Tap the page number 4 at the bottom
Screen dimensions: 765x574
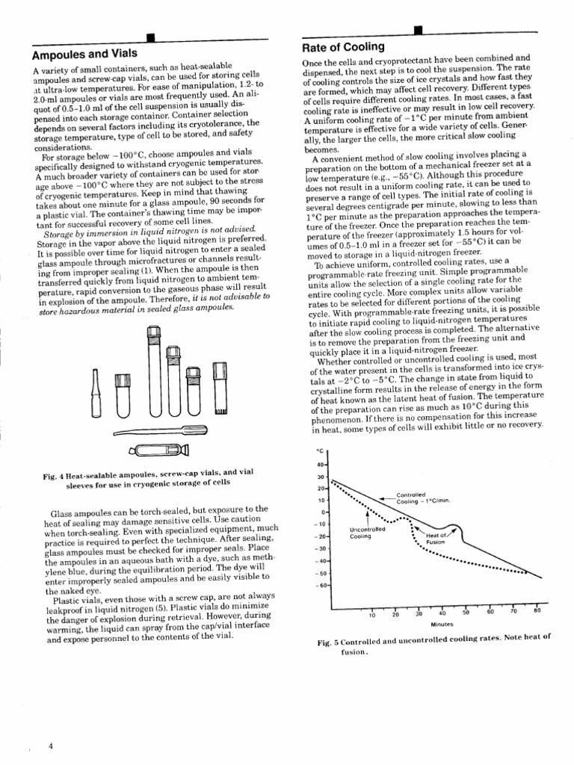50,746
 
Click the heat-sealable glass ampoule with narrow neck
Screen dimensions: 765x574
96,395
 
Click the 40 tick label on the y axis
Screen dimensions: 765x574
322,465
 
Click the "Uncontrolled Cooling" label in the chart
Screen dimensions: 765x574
366,533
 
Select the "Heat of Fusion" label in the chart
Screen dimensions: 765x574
436,538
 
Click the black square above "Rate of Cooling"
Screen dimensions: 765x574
418,31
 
